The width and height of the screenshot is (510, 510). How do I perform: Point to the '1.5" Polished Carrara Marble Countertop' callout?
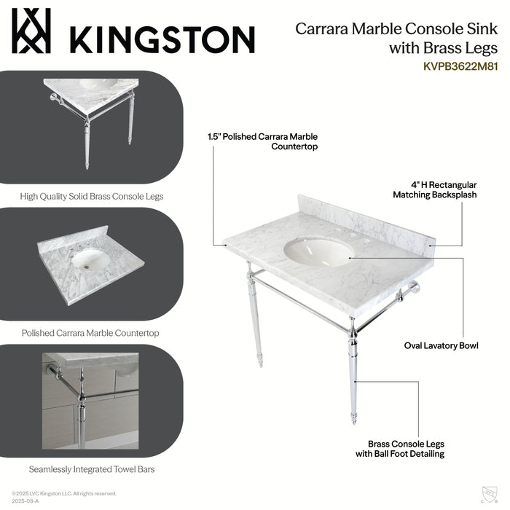[x=263, y=141]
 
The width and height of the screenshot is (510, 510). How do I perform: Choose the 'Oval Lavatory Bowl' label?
[x=441, y=345]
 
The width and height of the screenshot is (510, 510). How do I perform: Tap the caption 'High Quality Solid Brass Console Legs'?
[x=91, y=196]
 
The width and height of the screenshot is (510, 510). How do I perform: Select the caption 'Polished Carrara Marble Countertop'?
[x=90, y=333]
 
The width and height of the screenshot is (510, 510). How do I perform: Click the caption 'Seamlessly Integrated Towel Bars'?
[x=91, y=469]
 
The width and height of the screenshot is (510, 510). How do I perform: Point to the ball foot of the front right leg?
[x=354, y=419]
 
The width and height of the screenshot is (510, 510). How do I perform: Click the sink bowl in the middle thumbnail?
[x=91, y=258]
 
